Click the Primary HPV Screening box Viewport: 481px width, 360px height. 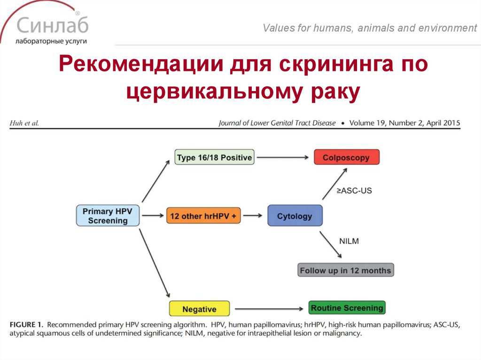pos(108,216)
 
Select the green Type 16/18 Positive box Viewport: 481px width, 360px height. pos(214,157)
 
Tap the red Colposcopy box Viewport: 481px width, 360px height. pos(346,157)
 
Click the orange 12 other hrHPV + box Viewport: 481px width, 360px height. pos(203,216)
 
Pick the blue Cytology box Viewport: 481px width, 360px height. pos(295,216)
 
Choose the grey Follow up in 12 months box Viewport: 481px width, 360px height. pos(345,270)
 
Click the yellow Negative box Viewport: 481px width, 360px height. pos(199,309)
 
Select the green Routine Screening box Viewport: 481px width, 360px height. pos(347,308)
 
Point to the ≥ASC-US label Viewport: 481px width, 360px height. pos(354,191)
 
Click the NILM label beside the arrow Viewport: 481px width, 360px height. pos(349,241)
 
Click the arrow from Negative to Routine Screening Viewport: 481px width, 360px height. pos(268,309)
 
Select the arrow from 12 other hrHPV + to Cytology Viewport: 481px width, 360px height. pos(253,216)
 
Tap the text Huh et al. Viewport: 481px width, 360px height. pos(23,123)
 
